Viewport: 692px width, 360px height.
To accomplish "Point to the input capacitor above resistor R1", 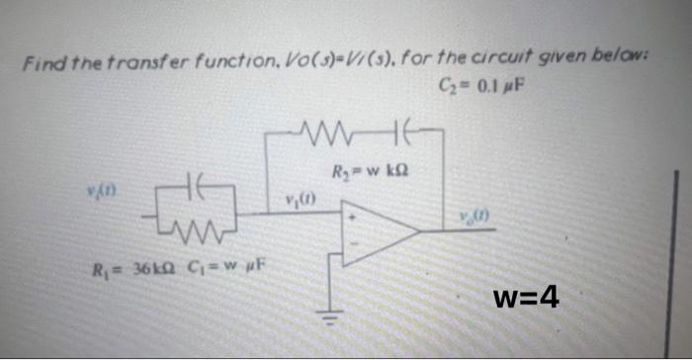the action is click(x=195, y=186).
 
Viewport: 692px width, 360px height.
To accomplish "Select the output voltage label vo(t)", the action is click(x=469, y=218).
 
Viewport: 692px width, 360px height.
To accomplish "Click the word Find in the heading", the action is click(x=42, y=64).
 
